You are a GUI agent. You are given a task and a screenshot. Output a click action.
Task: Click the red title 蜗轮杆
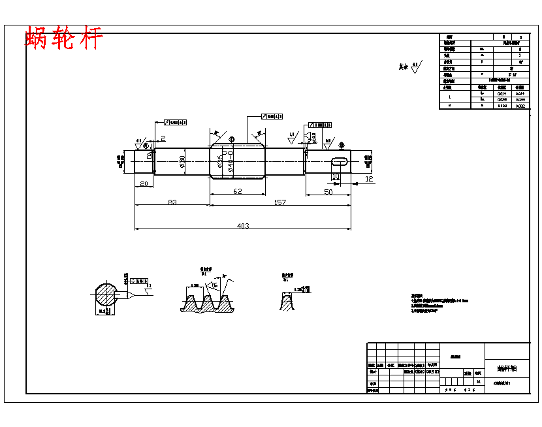[64, 38]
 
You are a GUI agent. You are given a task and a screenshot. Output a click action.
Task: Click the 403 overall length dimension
[242, 226]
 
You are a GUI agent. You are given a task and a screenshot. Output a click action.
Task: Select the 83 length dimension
[172, 202]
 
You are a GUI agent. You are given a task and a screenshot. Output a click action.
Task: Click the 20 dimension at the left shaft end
[144, 184]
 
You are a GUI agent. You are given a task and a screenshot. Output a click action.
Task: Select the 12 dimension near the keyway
[369, 178]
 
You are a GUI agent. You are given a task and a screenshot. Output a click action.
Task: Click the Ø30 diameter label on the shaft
[182, 163]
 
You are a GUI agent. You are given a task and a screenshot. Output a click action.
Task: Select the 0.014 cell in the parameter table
[502, 93]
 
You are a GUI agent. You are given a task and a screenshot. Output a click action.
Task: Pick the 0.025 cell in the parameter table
[502, 99]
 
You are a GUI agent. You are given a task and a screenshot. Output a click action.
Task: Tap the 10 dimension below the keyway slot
[335, 177]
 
